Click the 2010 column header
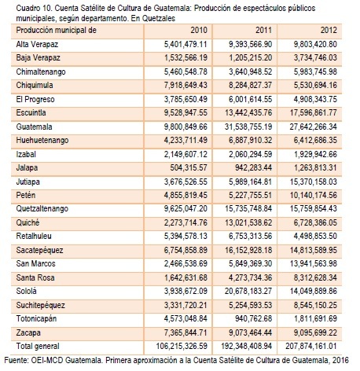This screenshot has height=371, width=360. click(199, 30)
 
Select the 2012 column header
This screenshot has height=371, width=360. click(329, 30)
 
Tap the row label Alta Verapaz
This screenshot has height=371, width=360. click(37, 44)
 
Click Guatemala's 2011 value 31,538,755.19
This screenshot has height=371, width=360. click(248, 127)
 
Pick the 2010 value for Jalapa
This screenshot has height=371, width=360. click(189, 167)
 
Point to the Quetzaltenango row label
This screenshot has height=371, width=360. click(42, 208)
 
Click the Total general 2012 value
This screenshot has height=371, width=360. click(311, 346)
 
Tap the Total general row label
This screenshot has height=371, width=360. click(38, 346)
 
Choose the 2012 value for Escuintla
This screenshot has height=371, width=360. click(313, 113)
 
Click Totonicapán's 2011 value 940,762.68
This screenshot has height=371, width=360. click(253, 318)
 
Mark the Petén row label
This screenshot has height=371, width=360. click(26, 195)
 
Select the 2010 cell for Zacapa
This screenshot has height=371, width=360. click(186, 332)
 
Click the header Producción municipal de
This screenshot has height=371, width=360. click(57, 30)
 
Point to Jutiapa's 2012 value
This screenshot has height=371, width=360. click(313, 182)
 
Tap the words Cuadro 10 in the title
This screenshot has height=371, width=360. click(34, 9)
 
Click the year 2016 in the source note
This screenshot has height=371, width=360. click(340, 360)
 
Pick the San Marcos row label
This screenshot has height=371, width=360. click(35, 263)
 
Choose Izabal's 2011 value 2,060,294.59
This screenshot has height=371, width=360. click(250, 154)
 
